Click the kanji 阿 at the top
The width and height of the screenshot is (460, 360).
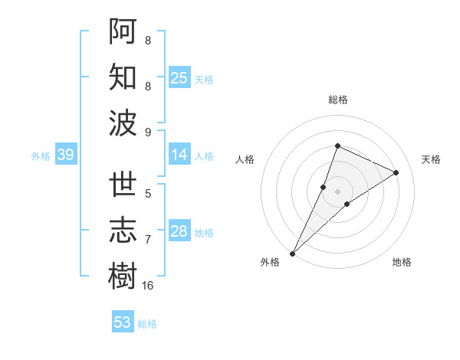123,31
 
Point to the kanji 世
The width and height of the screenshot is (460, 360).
123,185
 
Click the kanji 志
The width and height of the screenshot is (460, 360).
123,230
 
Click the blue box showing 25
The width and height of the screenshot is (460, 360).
179,77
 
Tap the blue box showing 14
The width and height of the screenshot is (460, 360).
179,155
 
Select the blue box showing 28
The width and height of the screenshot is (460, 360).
179,231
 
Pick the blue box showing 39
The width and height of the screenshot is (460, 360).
65,155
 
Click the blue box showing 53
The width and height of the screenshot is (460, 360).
123,322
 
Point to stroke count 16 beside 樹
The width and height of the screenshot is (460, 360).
148,286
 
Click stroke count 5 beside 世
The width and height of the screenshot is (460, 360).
148,194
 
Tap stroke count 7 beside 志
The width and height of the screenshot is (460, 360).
148,240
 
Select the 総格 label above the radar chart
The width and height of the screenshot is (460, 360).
338,100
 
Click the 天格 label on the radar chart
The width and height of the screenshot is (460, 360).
431,159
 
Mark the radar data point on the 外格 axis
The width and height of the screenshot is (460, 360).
292,253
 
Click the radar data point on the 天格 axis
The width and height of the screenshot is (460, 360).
396,172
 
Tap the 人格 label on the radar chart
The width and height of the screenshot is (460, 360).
245,159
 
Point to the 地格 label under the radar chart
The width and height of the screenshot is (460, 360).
402,263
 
